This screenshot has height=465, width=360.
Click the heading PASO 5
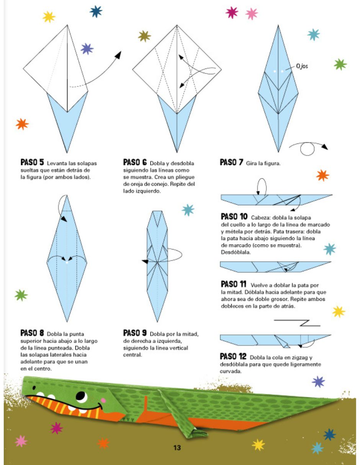click(x=32, y=162)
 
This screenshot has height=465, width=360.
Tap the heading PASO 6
click(x=135, y=162)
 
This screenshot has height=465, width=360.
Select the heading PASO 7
click(x=231, y=162)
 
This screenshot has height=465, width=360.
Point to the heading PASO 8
click(x=32, y=333)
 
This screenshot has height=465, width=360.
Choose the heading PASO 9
click(x=135, y=333)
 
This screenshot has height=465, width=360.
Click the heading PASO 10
click(x=234, y=216)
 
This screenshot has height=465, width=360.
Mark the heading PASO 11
click(x=233, y=284)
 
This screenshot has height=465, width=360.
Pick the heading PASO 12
click(x=233, y=356)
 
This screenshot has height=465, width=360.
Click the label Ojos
click(x=302, y=66)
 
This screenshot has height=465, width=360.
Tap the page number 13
click(x=177, y=447)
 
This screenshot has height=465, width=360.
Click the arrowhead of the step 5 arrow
click(x=118, y=55)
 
